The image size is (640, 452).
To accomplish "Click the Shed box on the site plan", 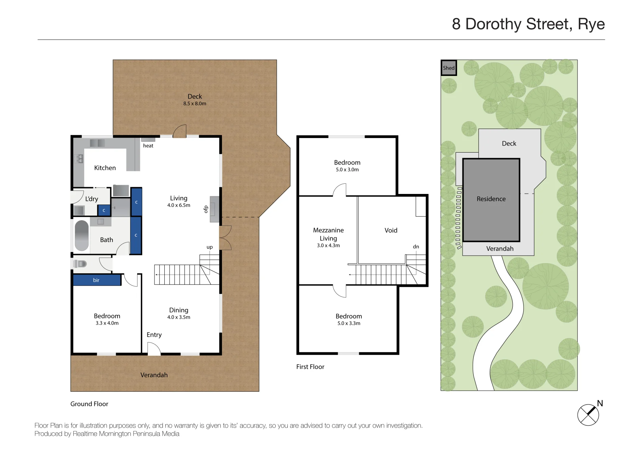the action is [x=449, y=67].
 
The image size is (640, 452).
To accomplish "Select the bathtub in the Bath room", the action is [x=81, y=235].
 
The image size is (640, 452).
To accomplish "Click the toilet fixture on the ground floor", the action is [x=80, y=263].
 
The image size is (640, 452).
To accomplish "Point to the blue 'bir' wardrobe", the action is [x=97, y=280].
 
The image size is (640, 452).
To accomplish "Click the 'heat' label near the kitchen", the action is [x=148, y=146].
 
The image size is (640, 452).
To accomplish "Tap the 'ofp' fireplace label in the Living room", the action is [x=205, y=209].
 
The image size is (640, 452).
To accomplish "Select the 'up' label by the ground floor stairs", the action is [x=209, y=247].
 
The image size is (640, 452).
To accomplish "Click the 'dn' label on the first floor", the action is [x=416, y=247].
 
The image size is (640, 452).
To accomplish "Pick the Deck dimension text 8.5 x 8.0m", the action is [x=195, y=103].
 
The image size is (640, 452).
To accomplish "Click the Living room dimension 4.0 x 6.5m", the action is [x=179, y=205].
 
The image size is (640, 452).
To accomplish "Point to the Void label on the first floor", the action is [x=391, y=230].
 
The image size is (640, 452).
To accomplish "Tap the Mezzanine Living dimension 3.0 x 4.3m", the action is [x=328, y=245].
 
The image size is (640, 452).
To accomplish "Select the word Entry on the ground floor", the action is [x=154, y=335].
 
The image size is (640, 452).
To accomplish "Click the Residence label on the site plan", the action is [x=491, y=199].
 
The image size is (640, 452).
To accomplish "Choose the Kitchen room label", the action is [x=105, y=168].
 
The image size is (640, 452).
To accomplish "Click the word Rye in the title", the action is [x=591, y=24].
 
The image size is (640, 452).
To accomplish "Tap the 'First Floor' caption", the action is [x=310, y=367].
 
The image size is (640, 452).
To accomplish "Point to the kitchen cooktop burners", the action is [x=79, y=158].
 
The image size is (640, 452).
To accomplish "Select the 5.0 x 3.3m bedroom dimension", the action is [x=349, y=323].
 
